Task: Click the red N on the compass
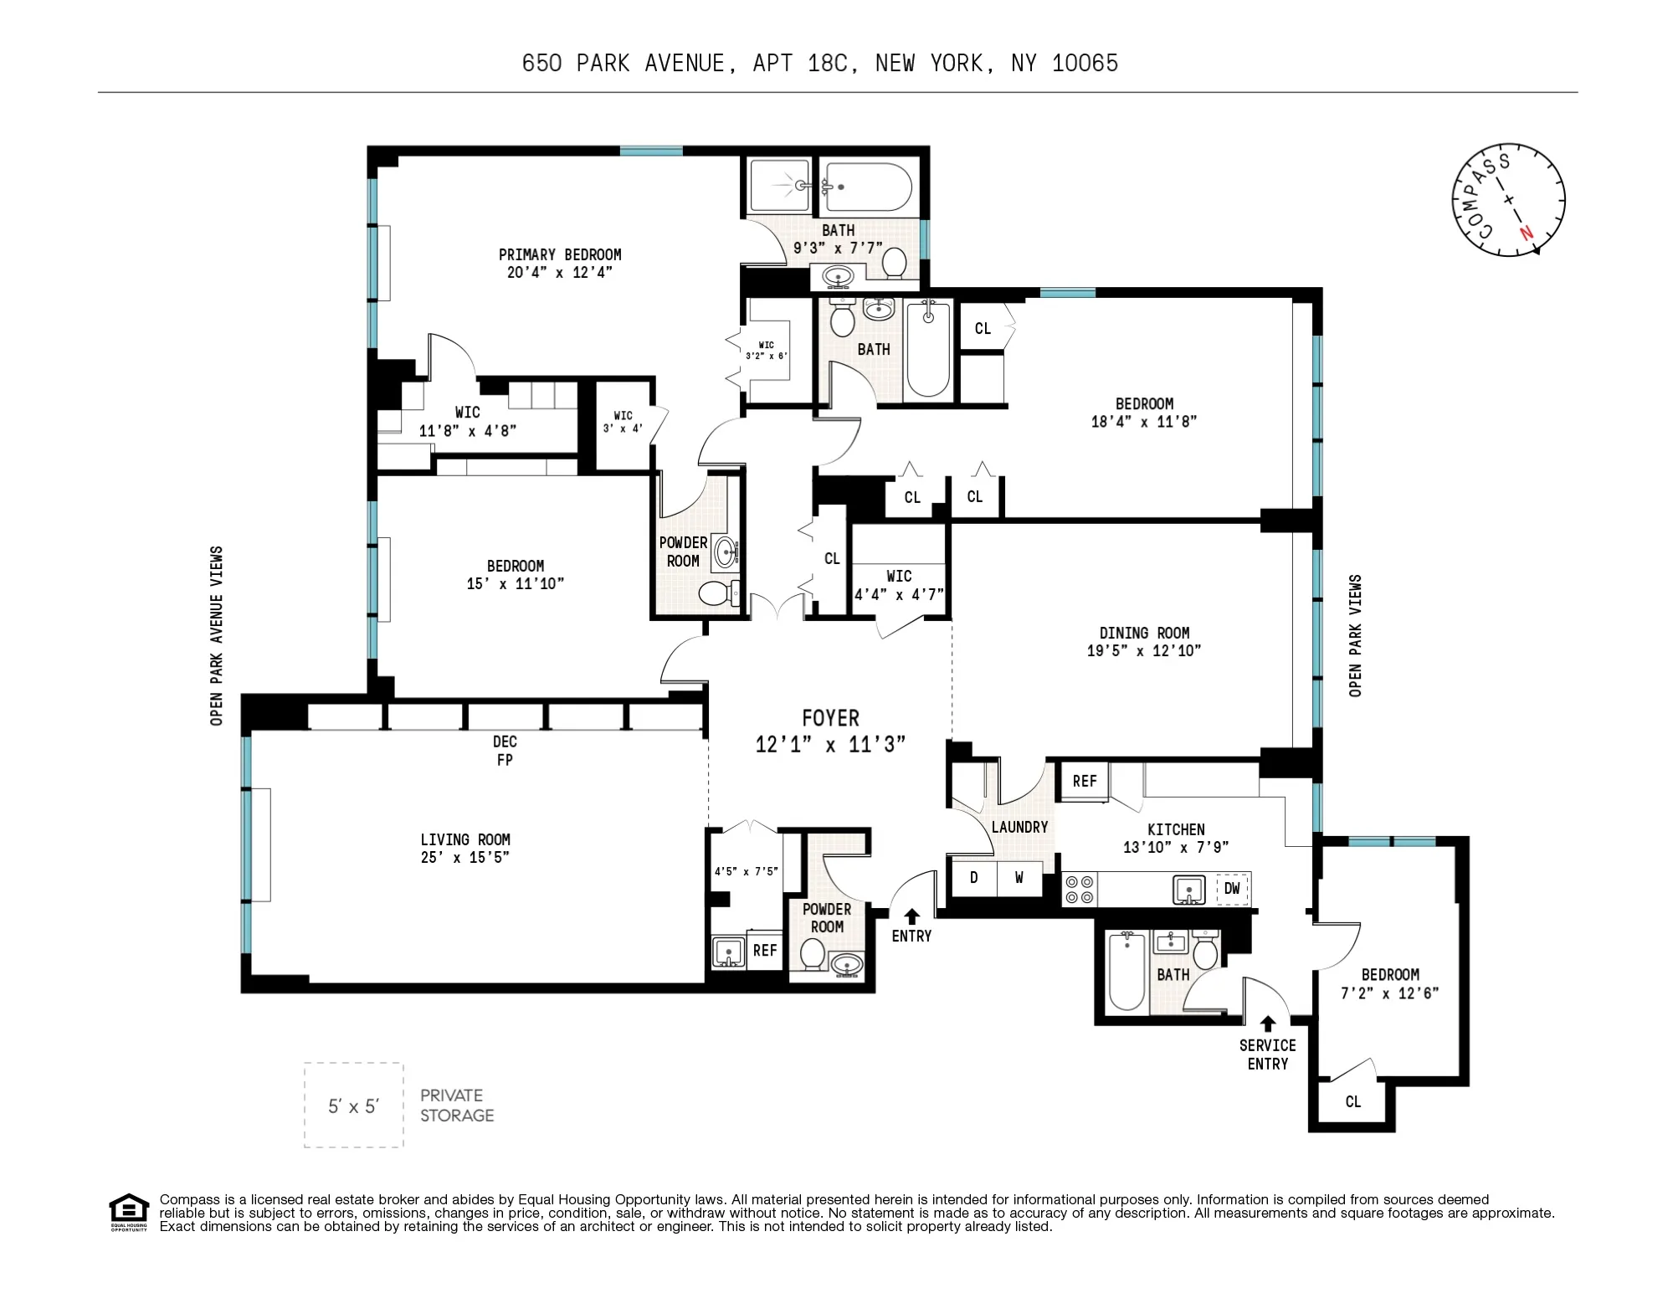1527,234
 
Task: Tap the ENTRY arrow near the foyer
912,916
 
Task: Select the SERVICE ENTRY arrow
1268,1024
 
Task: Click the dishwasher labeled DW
1232,889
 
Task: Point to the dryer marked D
973,878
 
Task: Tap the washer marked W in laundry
1019,878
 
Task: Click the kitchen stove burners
1080,890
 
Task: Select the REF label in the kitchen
1085,782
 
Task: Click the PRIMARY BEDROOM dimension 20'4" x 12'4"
559,273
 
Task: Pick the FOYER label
830,718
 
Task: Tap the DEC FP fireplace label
505,751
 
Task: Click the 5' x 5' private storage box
353,1106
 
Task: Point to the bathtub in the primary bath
868,187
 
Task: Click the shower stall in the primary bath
779,185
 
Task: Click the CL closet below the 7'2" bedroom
1352,1102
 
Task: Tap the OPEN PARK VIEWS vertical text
1355,635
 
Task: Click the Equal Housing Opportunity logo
129,1211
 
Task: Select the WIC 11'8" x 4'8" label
467,422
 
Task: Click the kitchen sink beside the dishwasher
1188,890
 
